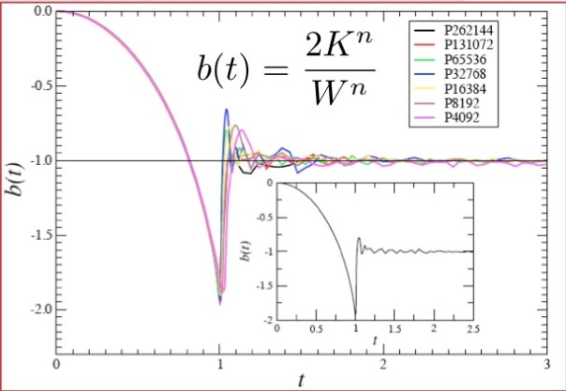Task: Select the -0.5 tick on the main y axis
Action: pyautogui.click(x=37, y=86)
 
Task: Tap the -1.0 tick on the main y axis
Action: pyautogui.click(x=37, y=160)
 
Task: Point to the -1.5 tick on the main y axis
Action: pyautogui.click(x=37, y=234)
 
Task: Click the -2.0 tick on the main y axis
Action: pyautogui.click(x=37, y=308)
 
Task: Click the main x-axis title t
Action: pyautogui.click(x=301, y=381)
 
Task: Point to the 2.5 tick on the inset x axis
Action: pyautogui.click(x=473, y=329)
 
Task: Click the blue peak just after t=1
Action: pyautogui.click(x=226, y=110)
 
